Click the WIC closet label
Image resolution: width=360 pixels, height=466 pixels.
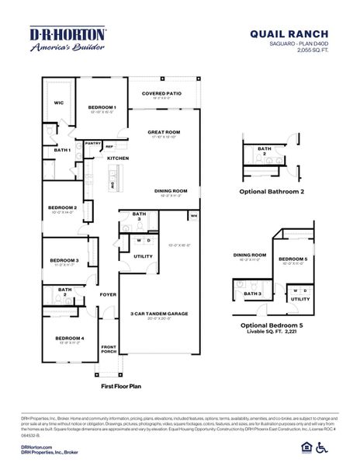[58, 102]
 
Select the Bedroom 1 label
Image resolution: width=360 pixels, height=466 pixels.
[102, 107]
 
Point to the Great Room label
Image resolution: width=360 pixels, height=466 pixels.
[164, 132]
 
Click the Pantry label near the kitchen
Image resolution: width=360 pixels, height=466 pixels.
[93, 143]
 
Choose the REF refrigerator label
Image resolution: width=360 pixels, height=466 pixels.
[109, 146]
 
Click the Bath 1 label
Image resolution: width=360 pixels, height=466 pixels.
[63, 150]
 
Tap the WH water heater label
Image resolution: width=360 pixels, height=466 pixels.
[193, 215]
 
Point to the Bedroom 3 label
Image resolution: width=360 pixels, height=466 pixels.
[64, 260]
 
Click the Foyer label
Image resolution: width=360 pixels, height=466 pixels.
[108, 294]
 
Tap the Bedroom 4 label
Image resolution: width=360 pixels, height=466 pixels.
[69, 338]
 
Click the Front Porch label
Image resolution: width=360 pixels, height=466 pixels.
[108, 349]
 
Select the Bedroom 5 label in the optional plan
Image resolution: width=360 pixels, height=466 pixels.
[293, 259]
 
